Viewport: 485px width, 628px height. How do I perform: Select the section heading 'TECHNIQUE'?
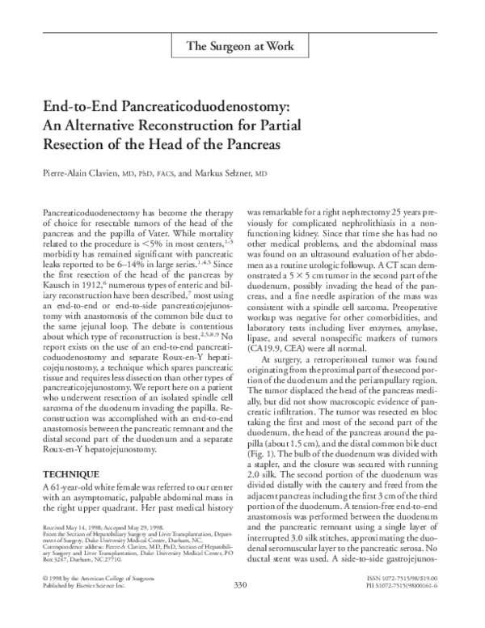(x=70, y=473)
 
